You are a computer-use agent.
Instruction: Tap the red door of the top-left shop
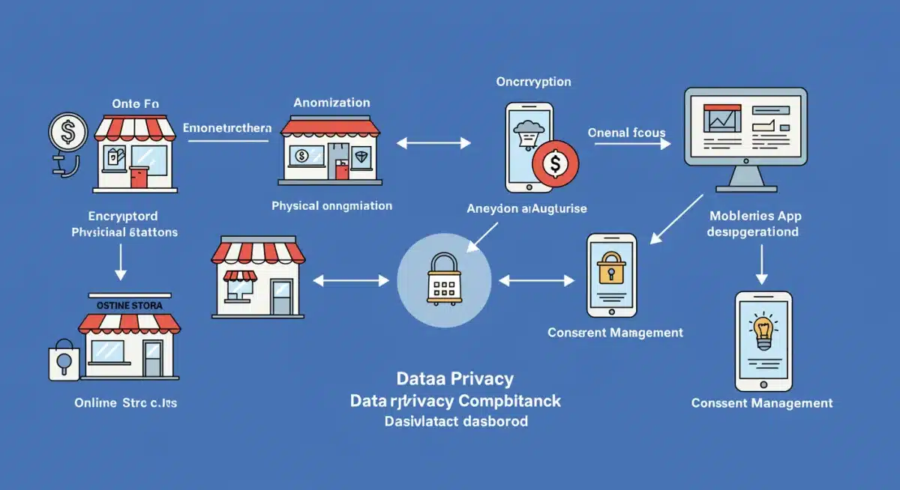(x=139, y=178)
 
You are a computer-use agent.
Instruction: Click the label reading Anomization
(x=331, y=102)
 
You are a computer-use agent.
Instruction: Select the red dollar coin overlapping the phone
(x=555, y=163)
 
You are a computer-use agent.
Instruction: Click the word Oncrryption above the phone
(x=533, y=82)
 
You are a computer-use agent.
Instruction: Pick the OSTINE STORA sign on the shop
(x=129, y=306)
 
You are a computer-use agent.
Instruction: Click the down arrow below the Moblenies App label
(x=762, y=263)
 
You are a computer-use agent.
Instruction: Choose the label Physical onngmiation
(x=331, y=205)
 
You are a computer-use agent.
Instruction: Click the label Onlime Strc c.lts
(x=125, y=402)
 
